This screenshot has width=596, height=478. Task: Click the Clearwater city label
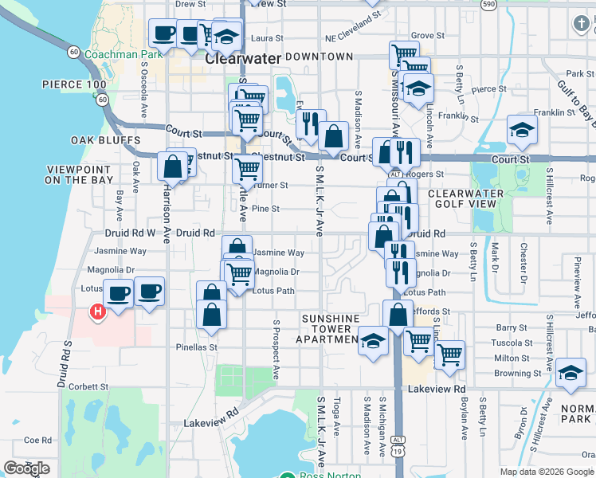(x=243, y=58)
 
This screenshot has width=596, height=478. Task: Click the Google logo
(x=26, y=468)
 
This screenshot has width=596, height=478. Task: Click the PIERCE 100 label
(x=74, y=84)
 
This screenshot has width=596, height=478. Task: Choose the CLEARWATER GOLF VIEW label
(x=466, y=198)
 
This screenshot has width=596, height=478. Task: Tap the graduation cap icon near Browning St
(x=571, y=373)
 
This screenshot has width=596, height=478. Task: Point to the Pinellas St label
(x=198, y=347)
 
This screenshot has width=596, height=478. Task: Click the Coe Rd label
(x=37, y=440)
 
